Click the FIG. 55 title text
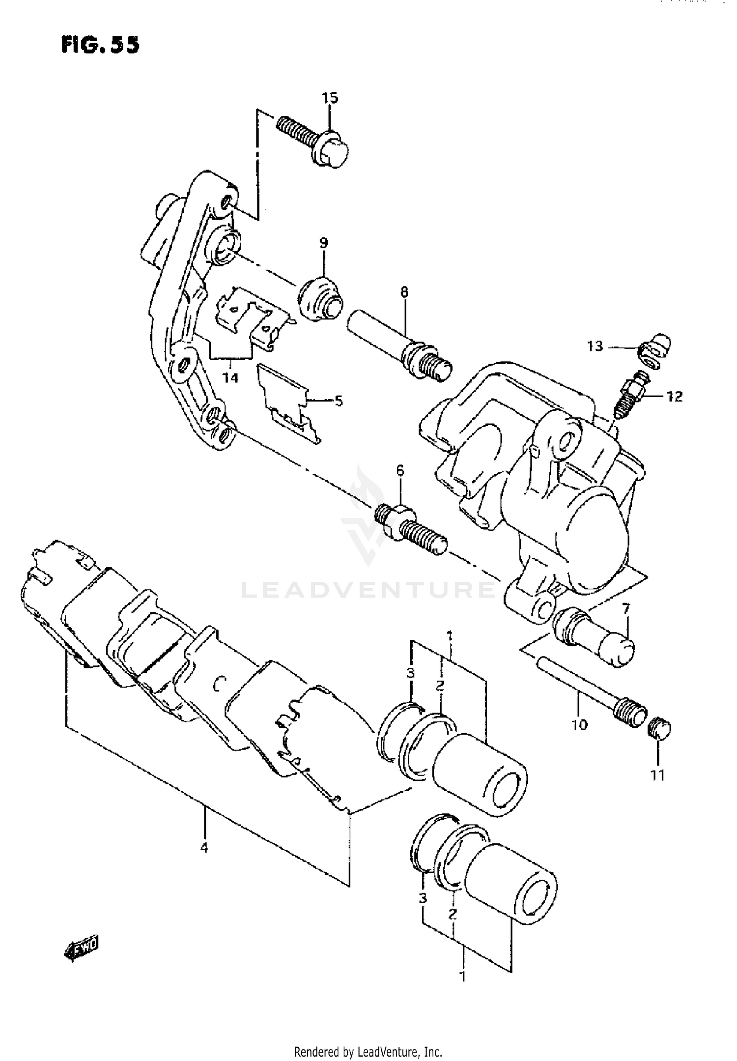(100, 45)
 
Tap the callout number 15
(330, 98)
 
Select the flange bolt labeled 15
(314, 143)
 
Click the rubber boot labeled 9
(319, 300)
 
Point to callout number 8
(403, 292)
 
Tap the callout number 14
(230, 377)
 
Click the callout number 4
(204, 847)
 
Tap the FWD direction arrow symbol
(82, 952)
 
